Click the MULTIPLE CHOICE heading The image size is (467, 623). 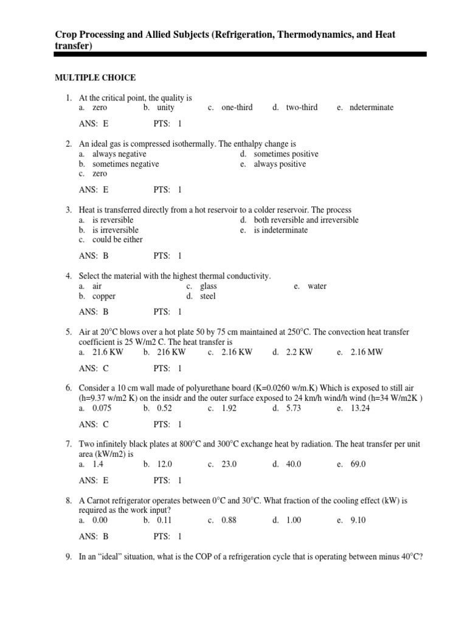(95, 77)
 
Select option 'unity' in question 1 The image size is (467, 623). (165, 108)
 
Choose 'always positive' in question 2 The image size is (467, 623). (280, 164)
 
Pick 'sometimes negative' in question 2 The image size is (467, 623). (125, 164)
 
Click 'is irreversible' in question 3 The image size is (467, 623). (115, 230)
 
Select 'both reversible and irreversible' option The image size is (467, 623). (306, 220)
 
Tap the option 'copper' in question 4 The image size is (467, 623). (104, 296)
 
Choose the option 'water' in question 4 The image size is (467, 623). (317, 287)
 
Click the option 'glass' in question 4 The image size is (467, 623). (208, 287)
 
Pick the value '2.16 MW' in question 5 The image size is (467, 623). (367, 352)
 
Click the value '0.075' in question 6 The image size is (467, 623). (102, 408)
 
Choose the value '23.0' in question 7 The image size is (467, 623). (229, 464)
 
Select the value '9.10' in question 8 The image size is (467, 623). (358, 521)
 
